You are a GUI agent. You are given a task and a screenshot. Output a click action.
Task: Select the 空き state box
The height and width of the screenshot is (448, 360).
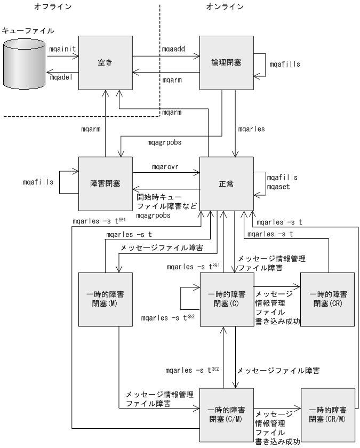[105, 62]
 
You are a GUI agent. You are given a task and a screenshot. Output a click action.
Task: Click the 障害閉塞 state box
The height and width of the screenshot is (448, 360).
[105, 183]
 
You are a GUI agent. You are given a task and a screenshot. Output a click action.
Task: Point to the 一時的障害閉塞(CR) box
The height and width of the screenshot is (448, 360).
[327, 299]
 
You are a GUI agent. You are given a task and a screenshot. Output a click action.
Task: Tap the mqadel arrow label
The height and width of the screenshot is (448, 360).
[60, 77]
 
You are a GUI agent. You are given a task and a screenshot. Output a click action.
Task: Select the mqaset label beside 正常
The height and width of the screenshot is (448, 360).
[278, 187]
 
